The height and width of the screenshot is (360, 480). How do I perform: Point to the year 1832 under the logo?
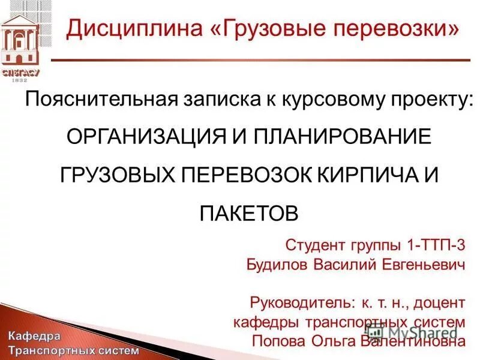[x=20, y=80]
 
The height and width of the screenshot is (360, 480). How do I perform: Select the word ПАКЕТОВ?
[x=248, y=212]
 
